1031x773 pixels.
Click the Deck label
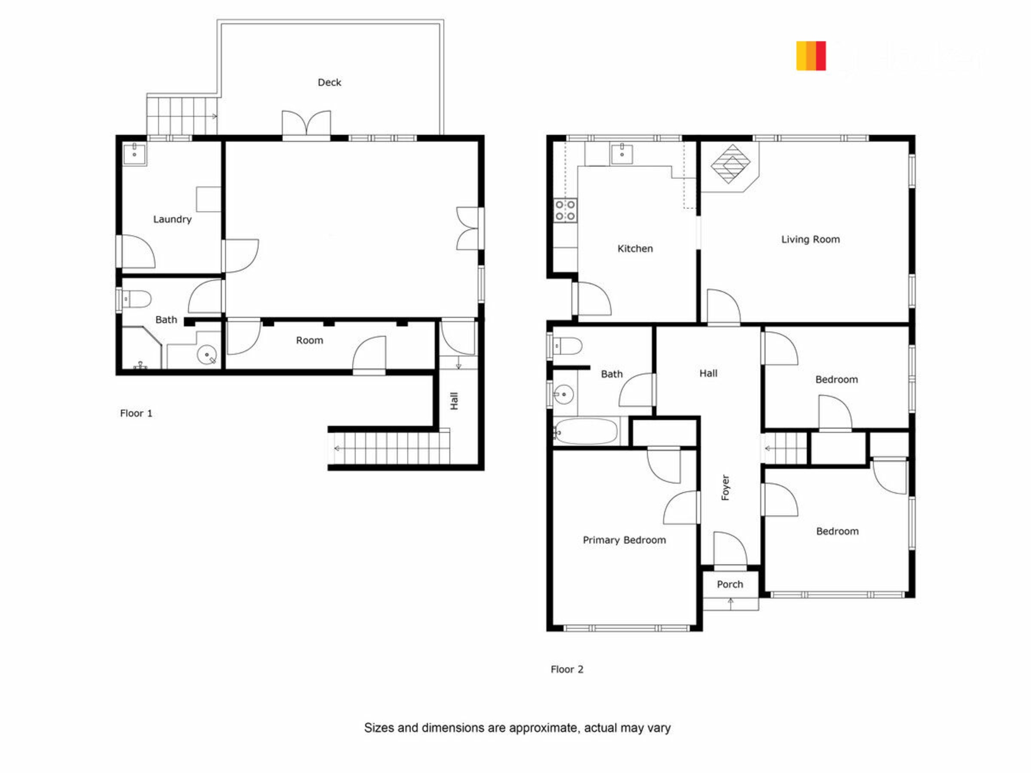[329, 82]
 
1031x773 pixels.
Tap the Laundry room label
[172, 219]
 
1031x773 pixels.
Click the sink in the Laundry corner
[134, 154]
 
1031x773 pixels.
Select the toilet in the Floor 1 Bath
[136, 299]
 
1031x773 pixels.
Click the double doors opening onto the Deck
[306, 125]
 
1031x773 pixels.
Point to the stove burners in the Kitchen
[565, 210]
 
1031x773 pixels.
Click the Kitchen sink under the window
[622, 154]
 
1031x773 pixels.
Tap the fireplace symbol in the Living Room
[730, 164]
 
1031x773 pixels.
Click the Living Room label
[810, 239]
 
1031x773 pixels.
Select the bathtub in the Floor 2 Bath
[586, 432]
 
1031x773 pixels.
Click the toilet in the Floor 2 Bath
[567, 346]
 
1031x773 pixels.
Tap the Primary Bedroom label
[624, 540]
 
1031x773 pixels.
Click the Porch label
[730, 584]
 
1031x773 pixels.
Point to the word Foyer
[725, 487]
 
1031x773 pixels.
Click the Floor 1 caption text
[136, 413]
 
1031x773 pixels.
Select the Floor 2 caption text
[567, 669]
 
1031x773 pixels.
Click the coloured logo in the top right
[811, 56]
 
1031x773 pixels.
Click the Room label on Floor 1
[309, 340]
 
